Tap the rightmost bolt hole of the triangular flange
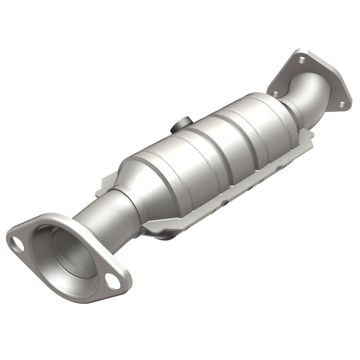341,105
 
